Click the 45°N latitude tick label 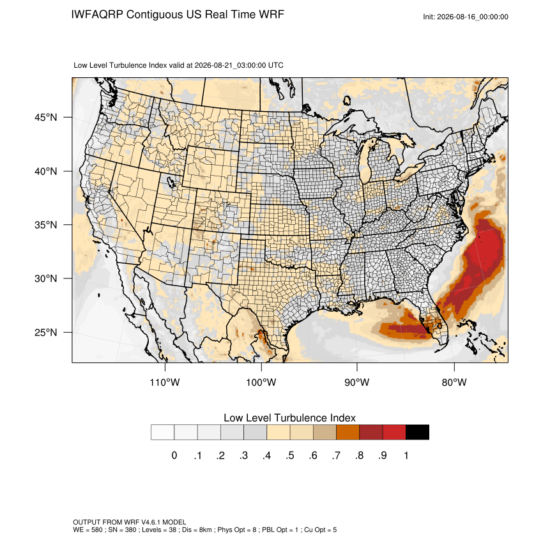[45, 118]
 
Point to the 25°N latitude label [45, 332]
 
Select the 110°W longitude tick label [165, 382]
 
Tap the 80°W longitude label [454, 382]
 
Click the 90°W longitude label [356, 382]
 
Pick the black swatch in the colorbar [417, 432]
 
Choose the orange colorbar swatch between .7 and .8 [348, 432]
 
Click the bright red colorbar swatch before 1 [394, 432]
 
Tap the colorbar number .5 [290, 455]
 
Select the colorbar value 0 [174, 455]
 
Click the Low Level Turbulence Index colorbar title [289, 418]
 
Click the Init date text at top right [466, 17]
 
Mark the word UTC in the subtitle [276, 65]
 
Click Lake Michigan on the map [365, 163]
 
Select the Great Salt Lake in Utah [171, 181]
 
